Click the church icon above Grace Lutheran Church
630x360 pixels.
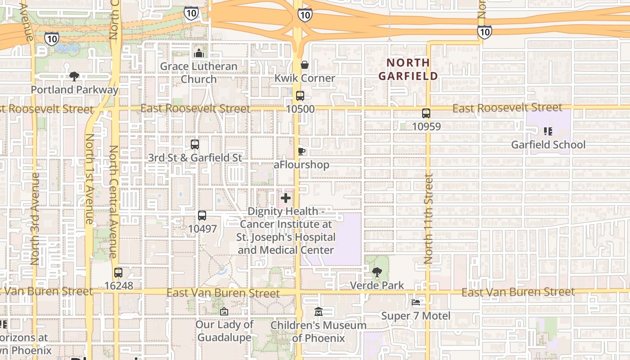tap(198, 53)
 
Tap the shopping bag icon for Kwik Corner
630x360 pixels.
tap(305, 65)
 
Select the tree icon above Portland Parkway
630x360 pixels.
tap(74, 76)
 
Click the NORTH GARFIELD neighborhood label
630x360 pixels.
tap(408, 69)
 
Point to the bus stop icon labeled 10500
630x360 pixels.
tap(300, 96)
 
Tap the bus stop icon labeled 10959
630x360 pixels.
tap(426, 113)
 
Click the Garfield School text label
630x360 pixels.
tap(548, 144)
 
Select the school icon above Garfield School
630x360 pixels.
tap(548, 131)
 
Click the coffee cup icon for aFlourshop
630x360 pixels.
tap(301, 152)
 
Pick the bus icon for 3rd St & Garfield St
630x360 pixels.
tap(195, 144)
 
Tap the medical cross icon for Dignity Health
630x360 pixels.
tap(286, 198)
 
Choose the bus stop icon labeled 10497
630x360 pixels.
tap(202, 216)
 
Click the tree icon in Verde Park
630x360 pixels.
tap(377, 272)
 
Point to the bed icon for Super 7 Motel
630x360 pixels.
tap(416, 302)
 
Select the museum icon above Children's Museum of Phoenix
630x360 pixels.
tap(319, 311)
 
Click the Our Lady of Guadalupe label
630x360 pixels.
tap(224, 331)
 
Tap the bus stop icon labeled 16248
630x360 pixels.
tap(118, 273)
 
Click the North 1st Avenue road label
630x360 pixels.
tap(89, 179)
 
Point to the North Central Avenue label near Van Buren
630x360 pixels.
tap(113, 201)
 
